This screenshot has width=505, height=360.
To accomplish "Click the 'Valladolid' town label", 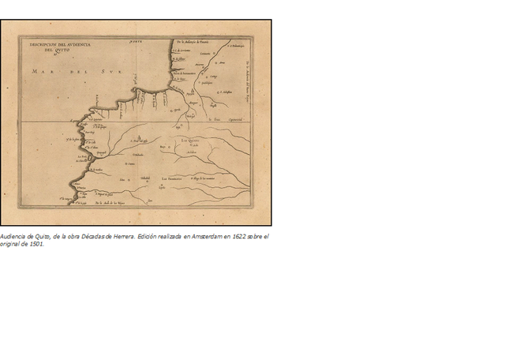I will (144, 178).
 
